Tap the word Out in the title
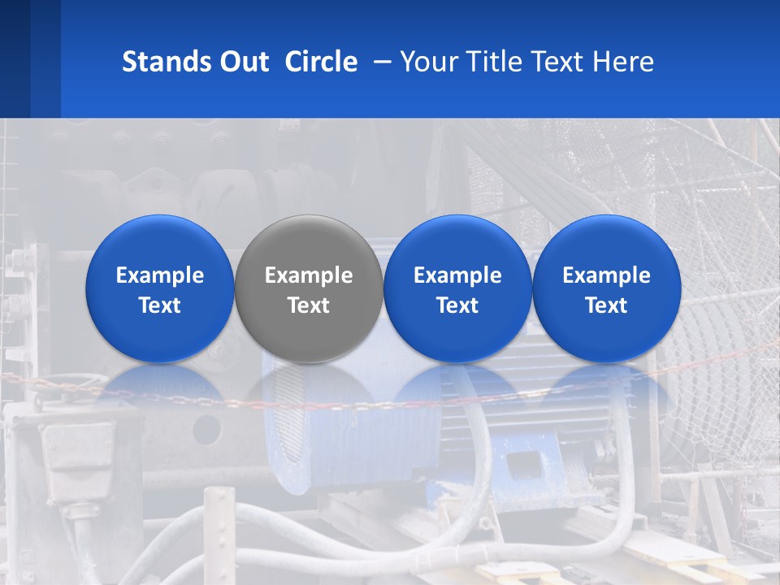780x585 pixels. click(242, 62)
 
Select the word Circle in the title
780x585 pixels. click(321, 62)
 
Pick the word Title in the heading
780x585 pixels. click(490, 62)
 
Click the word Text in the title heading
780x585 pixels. click(554, 62)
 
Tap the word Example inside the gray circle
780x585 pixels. click(309, 275)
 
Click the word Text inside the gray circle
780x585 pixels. click(309, 305)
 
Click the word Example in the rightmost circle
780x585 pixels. click(607, 275)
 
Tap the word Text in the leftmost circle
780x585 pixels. click(159, 305)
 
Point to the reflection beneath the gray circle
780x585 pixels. click(309, 390)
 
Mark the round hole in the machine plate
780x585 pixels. click(206, 428)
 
